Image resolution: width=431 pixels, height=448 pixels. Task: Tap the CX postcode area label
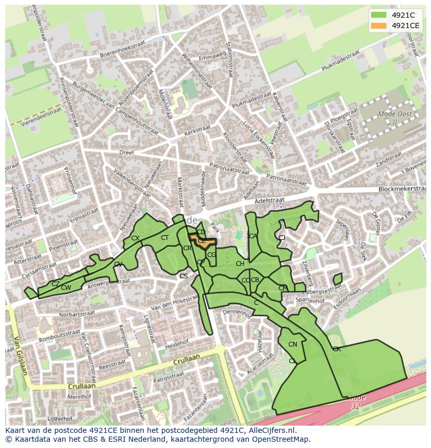[135, 238]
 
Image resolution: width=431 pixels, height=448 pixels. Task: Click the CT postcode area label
[165, 238]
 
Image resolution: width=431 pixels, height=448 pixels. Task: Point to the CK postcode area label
[337, 349]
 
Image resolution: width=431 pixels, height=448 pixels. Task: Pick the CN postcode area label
[293, 344]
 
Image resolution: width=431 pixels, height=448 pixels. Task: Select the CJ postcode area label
[282, 238]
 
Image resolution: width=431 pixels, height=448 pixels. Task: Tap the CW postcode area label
[66, 288]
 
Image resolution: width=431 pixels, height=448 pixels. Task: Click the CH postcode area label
[240, 264]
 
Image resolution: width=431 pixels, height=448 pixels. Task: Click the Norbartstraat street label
[78, 315]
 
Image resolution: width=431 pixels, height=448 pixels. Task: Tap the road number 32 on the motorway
[356, 406]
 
